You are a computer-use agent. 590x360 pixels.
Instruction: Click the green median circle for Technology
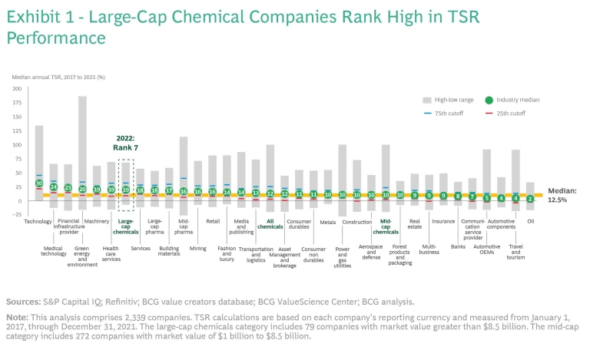(39, 183)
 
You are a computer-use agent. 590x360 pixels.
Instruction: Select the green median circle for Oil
(530, 198)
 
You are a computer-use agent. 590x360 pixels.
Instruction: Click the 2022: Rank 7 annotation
(126, 144)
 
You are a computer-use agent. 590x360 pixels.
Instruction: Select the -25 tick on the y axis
(16, 214)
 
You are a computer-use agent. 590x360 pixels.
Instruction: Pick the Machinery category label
(97, 221)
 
